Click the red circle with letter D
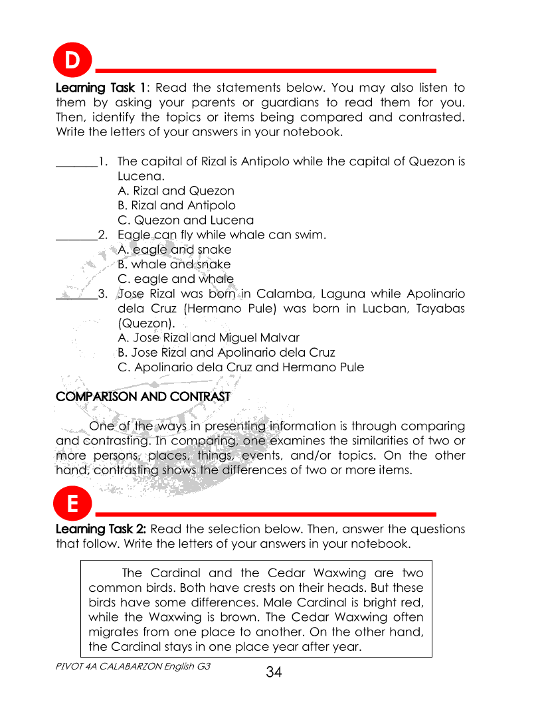72,61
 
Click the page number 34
274,672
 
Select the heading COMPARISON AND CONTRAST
143,397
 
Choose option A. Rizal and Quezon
175,191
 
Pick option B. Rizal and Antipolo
176,205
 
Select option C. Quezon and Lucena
185,220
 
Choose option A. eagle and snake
174,250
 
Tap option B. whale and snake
174,264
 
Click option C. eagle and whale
175,279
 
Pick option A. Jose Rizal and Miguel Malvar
208,337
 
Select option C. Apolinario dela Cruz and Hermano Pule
240,367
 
